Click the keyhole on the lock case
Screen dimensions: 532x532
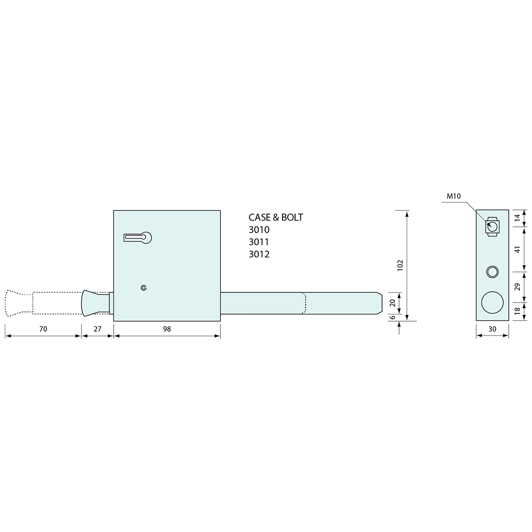coord(138,238)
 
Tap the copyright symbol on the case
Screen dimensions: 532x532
coord(144,288)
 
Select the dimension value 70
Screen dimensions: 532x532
coord(43,329)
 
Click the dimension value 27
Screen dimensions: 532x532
coord(97,329)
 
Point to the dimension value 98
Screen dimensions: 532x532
coord(167,329)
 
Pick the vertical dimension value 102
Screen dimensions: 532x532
coord(400,265)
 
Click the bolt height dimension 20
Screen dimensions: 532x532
coord(393,303)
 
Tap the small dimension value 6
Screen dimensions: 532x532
coord(393,317)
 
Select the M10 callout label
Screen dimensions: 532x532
coord(454,196)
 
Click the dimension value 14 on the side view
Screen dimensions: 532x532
coord(517,218)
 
